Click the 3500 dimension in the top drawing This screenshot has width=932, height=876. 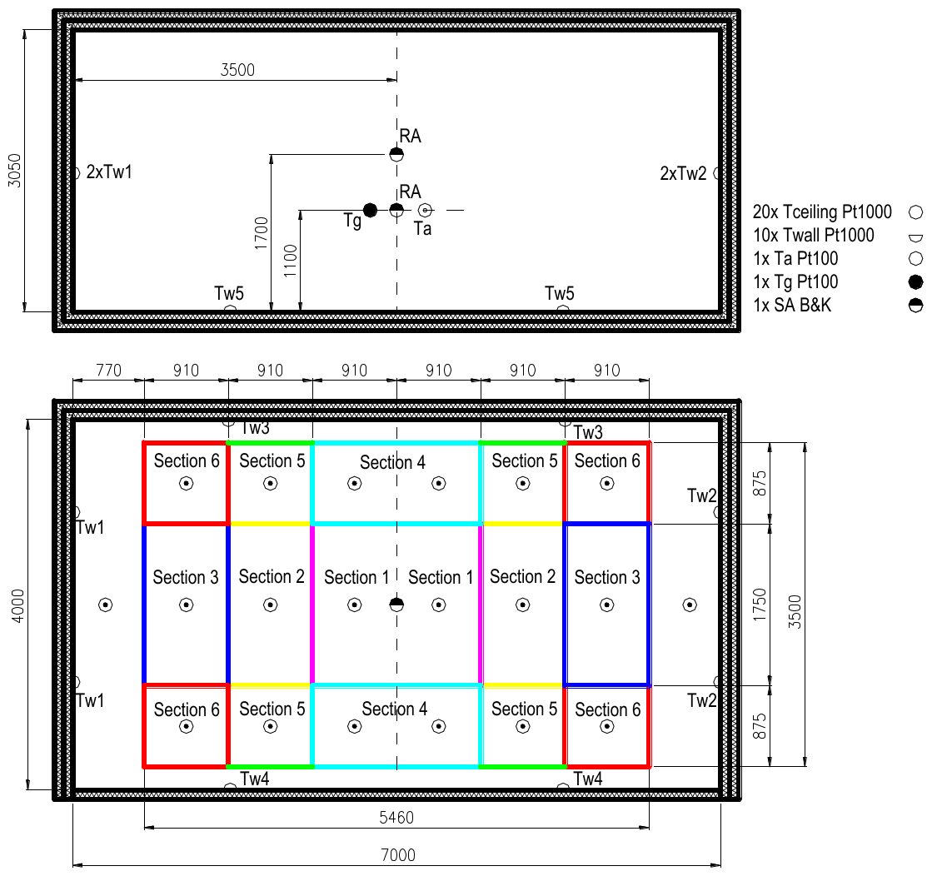pos(237,70)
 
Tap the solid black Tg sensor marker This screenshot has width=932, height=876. pos(370,210)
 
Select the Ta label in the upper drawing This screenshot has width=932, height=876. pos(422,228)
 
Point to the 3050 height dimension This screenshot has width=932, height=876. pos(15,171)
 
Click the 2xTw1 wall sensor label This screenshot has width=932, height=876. pos(109,172)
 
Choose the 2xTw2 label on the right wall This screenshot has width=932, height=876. pos(684,173)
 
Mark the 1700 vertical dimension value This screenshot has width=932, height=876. pos(262,233)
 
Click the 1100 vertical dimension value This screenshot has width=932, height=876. pos(290,261)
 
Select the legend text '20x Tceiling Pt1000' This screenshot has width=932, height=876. pos(822,212)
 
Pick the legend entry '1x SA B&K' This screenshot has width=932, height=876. pos(792,305)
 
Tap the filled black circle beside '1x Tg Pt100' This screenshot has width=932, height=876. pos(916,281)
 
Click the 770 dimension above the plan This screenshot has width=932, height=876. pos(109,371)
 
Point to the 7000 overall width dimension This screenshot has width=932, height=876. pos(397,855)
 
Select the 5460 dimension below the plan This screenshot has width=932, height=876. pos(396,817)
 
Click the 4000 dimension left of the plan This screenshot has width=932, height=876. pos(18,605)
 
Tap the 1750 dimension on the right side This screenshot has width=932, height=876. pos(760,605)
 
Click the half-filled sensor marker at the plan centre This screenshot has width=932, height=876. pos(396,605)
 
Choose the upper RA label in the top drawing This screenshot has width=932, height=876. pos(410,136)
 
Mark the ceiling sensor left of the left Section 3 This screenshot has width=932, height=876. pos(105,605)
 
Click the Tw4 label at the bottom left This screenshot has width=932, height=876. pos(254,778)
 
